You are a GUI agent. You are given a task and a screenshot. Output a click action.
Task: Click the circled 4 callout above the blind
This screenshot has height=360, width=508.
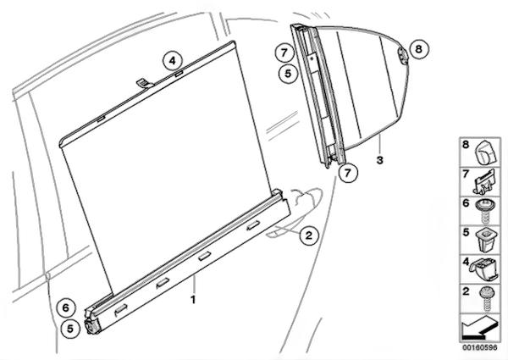tap(173, 61)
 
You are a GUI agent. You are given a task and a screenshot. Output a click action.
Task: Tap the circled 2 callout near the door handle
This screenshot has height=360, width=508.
tap(309, 235)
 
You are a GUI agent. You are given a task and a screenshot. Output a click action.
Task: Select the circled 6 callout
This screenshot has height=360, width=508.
tap(66, 307)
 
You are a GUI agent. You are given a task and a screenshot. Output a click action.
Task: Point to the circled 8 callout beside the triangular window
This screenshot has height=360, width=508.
tap(419, 49)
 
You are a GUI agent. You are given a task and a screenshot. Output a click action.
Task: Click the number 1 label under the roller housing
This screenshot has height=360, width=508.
tap(193, 300)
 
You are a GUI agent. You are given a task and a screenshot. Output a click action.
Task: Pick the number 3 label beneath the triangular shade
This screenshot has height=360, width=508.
tap(379, 160)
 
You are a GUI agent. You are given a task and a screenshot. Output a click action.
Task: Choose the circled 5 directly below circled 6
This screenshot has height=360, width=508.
tap(70, 329)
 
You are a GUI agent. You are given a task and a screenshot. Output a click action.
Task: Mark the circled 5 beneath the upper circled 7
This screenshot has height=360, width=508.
tap(288, 74)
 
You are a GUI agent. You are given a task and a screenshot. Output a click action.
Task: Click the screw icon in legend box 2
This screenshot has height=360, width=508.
tap(485, 299)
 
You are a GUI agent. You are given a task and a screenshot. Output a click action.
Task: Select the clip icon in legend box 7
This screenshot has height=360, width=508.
tap(484, 182)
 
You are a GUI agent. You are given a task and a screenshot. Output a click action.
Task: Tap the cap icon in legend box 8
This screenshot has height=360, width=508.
tap(485, 152)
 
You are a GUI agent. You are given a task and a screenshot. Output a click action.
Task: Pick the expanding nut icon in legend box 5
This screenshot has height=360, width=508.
tap(484, 241)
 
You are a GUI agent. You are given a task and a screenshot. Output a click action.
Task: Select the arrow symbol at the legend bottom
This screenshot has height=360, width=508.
tap(479, 327)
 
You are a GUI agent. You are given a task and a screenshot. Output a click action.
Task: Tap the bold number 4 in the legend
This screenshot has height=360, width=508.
tap(466, 262)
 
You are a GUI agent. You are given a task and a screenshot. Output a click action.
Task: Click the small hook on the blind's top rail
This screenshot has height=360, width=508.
tap(145, 83)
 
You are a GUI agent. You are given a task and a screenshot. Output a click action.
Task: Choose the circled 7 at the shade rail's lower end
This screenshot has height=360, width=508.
tap(348, 173)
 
